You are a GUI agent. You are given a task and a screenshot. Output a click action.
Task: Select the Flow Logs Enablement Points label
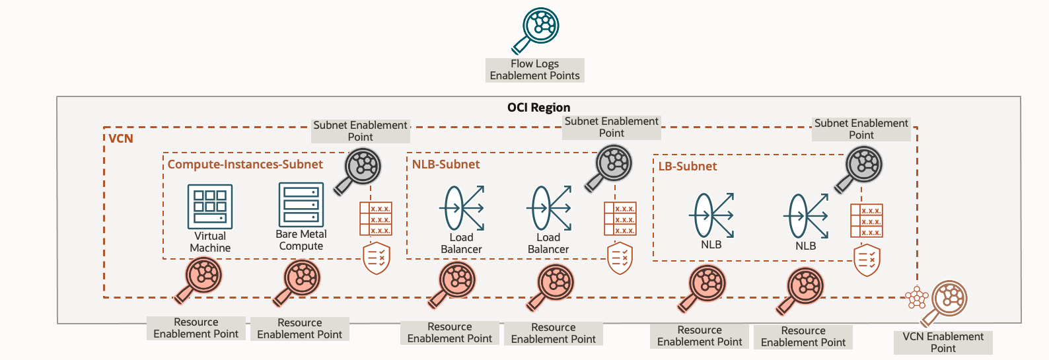point(534,70)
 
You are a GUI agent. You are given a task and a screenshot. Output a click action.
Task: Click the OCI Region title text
point(538,108)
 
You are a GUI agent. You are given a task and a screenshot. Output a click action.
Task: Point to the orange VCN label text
point(121,139)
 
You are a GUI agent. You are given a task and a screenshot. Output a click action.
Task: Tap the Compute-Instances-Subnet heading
point(245,164)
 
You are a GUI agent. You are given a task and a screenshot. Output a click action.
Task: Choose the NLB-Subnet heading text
point(446,164)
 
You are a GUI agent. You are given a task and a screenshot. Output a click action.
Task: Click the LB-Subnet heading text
point(687,166)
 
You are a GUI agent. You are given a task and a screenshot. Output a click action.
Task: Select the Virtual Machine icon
point(210,206)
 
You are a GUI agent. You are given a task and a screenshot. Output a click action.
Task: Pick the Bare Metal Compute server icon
point(301,205)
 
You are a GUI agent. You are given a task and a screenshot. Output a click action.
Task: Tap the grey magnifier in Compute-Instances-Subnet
point(359,169)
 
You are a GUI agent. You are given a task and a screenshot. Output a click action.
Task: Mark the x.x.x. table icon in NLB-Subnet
point(620,219)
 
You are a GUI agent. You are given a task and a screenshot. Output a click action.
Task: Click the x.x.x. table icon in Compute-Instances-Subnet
point(376,219)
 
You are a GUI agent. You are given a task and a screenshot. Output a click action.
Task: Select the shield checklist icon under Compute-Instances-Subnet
point(377,258)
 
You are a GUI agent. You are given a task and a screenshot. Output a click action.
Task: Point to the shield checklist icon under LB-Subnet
point(867,260)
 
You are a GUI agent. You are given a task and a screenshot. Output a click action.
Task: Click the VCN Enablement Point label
point(943,342)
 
